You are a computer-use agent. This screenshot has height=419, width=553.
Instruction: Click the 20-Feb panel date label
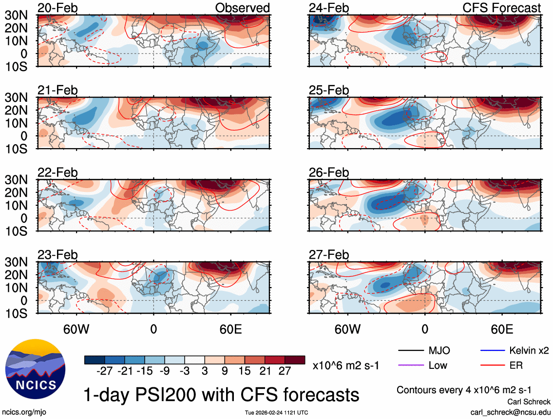tap(57, 8)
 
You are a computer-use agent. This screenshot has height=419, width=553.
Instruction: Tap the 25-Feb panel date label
tap(329, 91)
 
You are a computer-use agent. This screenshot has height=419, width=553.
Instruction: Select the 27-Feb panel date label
tap(329, 255)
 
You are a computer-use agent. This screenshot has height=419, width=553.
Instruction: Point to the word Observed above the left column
tap(242, 8)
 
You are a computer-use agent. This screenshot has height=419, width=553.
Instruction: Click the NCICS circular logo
tap(35, 367)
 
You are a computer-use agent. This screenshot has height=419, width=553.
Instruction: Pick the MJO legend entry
tap(439, 351)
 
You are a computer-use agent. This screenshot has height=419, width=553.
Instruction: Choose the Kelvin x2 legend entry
tap(528, 351)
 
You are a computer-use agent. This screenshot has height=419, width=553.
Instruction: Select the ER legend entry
tap(516, 365)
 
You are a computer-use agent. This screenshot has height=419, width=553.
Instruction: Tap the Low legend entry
tap(438, 365)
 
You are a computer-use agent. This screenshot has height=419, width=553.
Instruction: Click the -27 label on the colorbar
tap(104, 372)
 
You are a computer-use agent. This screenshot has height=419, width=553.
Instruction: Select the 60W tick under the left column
tap(76, 329)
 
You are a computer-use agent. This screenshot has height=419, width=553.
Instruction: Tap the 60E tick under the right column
tap(501, 329)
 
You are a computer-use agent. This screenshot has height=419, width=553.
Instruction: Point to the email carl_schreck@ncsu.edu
tap(510, 412)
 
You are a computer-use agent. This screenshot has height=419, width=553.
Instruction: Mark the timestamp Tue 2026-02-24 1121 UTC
tap(276, 413)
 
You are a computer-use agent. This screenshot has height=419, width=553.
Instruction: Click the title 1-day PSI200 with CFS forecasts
tap(222, 394)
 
